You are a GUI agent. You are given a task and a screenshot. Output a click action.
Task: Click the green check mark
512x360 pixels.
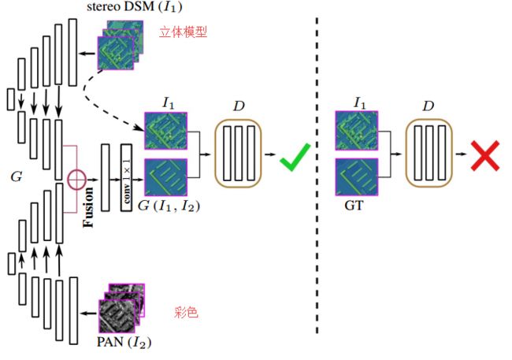click(295, 158)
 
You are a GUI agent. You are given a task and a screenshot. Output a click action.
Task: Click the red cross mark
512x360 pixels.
click(485, 156)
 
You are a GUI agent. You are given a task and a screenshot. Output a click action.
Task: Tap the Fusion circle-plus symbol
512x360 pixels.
click(76, 180)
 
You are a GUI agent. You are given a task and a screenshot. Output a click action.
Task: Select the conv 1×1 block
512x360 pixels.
click(126, 177)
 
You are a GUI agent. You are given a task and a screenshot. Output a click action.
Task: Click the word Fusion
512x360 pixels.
click(88, 207)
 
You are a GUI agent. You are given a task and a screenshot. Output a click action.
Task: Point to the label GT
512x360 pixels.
click(354, 206)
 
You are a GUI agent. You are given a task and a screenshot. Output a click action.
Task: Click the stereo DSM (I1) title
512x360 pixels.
click(134, 6)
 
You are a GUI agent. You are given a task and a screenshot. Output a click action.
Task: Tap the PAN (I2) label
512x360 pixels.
click(124, 342)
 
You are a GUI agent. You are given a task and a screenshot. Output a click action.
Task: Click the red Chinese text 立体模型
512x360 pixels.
click(184, 32)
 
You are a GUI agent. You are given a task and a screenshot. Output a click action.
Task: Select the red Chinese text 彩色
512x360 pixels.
click(186, 312)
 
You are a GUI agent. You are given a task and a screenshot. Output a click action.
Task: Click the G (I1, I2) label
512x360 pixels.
click(169, 206)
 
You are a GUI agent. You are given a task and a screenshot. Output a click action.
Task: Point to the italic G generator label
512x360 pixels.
click(17, 176)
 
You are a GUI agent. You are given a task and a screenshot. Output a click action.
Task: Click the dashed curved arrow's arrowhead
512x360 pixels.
click(139, 128)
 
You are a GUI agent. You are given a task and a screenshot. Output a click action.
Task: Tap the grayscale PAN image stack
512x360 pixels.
click(122, 308)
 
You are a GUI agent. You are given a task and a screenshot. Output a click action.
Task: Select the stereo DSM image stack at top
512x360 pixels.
click(121, 45)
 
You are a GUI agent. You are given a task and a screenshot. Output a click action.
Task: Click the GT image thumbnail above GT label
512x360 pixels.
click(357, 177)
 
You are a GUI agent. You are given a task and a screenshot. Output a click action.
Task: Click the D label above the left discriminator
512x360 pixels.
click(239, 106)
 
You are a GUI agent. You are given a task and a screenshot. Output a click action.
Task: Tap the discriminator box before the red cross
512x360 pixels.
click(429, 153)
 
